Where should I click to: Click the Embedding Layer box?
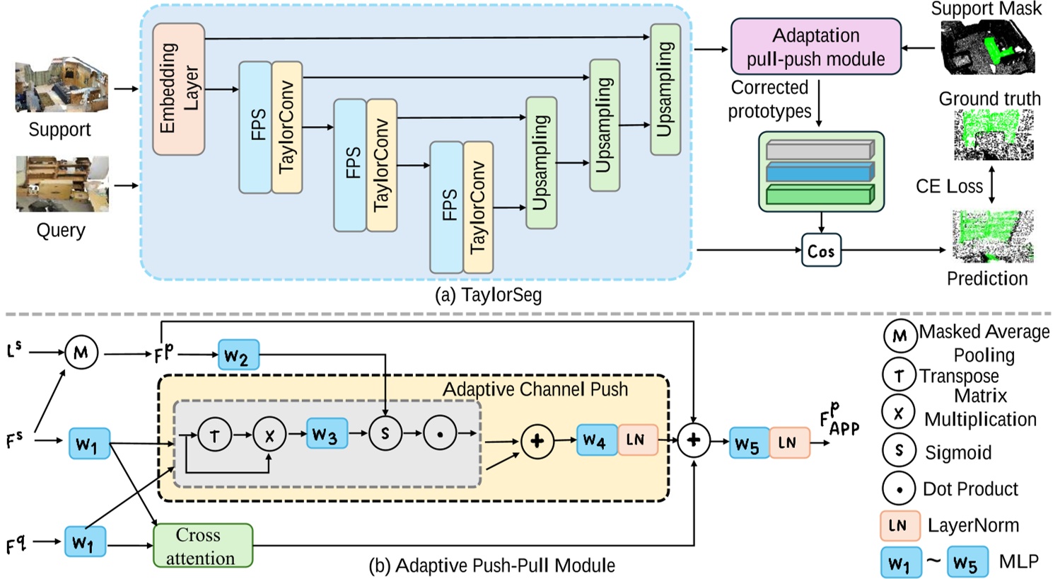click(178, 88)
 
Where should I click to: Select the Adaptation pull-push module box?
click(815, 47)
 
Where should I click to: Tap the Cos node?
click(821, 251)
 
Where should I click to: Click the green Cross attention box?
click(202, 546)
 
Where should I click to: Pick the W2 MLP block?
click(238, 355)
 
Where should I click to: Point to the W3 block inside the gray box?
click(327, 434)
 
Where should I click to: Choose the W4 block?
click(596, 440)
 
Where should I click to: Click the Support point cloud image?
click(62, 86)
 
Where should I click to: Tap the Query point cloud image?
click(62, 184)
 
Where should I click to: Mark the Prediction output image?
click(992, 236)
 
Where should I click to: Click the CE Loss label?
click(949, 186)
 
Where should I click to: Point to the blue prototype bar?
click(820, 172)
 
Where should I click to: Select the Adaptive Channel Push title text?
click(535, 389)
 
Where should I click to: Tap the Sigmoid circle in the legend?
click(899, 451)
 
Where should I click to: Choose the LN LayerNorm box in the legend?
click(900, 525)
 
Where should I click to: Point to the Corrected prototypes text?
click(769, 99)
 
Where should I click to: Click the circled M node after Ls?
click(81, 352)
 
